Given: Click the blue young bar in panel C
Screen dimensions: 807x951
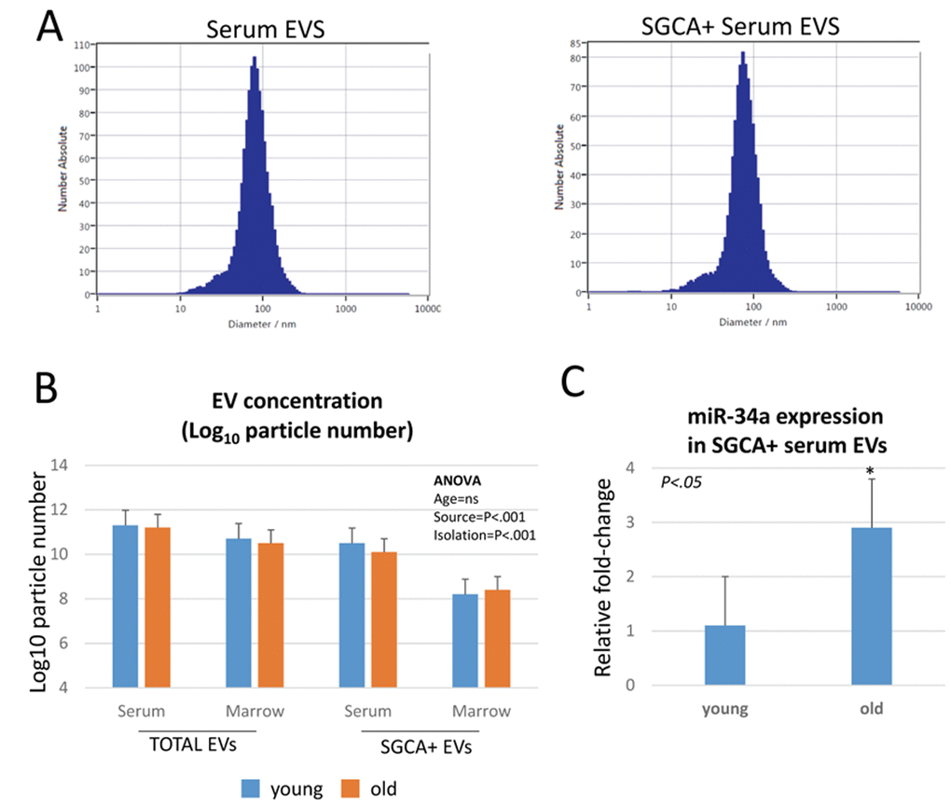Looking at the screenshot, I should tap(725, 655).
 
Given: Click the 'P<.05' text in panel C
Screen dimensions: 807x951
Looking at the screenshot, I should tap(682, 483).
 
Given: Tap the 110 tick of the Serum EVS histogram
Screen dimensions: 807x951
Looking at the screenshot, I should tap(83, 45).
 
